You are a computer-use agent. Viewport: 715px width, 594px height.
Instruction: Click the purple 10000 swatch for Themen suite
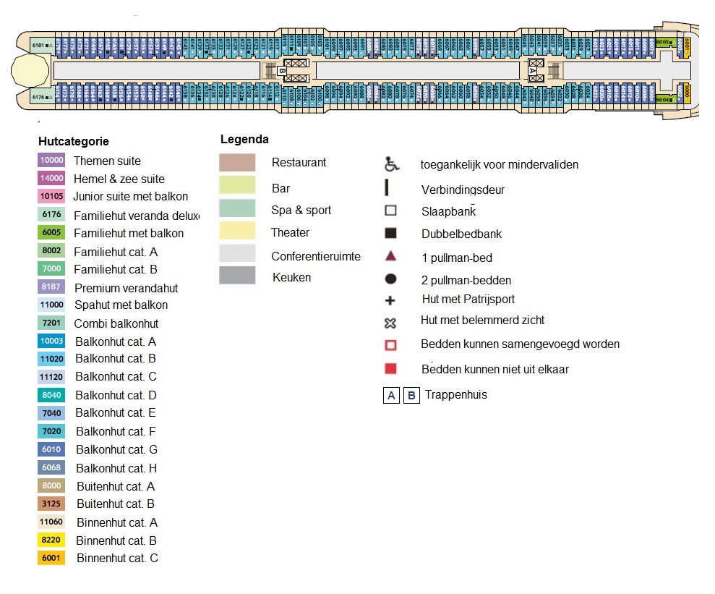51,161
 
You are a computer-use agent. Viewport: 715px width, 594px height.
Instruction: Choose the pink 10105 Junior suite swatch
51,196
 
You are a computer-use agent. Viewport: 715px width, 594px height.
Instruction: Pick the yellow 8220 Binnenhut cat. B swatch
51,540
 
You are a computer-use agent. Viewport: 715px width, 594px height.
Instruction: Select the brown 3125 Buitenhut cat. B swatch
51,504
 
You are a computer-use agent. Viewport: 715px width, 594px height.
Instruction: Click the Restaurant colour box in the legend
237,163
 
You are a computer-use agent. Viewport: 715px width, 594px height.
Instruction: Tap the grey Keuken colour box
237,276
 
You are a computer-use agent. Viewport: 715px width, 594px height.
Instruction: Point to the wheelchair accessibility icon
391,164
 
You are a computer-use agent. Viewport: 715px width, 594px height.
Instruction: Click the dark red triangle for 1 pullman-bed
390,257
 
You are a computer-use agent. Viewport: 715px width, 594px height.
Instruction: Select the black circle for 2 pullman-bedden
390,279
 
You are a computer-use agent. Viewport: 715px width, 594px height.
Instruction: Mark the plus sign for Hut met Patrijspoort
390,300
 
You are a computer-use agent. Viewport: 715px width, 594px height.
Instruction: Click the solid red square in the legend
390,369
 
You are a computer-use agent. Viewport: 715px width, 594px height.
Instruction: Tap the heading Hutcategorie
73,142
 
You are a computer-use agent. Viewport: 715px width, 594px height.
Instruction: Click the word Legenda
244,140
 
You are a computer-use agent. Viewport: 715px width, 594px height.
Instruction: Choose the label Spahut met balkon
120,305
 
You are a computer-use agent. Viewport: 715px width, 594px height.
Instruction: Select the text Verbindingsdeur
463,190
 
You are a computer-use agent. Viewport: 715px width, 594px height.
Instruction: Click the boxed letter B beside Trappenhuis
411,396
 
